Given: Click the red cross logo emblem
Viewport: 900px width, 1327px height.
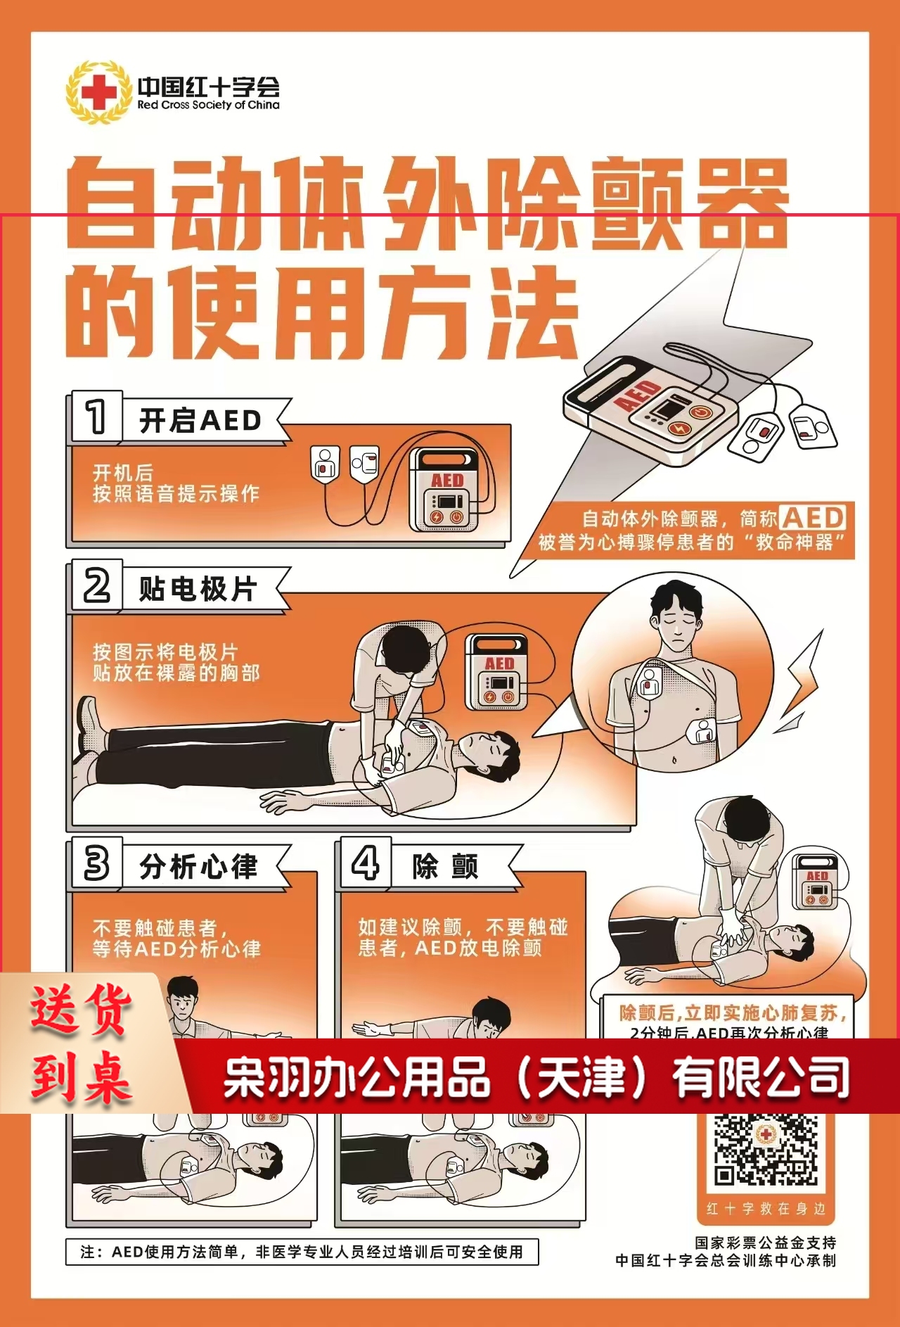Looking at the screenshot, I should (98, 92).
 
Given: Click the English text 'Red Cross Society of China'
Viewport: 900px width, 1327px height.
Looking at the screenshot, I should (208, 105).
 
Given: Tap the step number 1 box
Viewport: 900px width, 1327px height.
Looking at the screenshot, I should (96, 417).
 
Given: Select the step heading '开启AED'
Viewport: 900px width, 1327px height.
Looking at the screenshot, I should (200, 421).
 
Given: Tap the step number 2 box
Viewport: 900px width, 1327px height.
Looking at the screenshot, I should (97, 585).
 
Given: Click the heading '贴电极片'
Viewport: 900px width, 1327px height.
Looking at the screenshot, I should (198, 589).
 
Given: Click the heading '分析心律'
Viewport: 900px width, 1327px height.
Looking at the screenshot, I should (199, 867).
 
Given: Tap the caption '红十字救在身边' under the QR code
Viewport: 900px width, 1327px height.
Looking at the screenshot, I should (766, 1209).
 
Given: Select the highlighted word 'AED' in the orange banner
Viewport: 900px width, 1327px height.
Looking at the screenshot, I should (813, 519).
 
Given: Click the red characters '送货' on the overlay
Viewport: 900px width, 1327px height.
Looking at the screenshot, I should (81, 1009).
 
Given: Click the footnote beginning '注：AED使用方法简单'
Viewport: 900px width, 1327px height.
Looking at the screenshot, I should (302, 1252).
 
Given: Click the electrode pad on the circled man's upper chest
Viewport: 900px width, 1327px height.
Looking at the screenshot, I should (650, 681).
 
